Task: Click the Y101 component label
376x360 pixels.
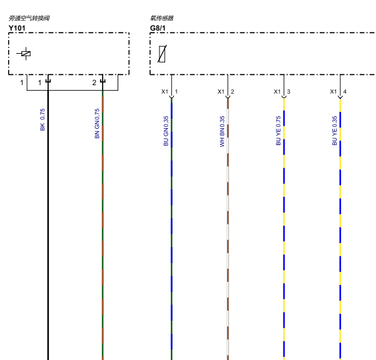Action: [17, 28]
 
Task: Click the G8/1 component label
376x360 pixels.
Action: [158, 28]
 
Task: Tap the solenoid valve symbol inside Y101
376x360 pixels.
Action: [24, 54]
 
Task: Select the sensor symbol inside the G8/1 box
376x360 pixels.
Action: [162, 54]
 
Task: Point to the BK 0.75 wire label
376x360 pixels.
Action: [43, 119]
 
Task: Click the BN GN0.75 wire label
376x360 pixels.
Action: [97, 123]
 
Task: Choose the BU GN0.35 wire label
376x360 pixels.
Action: [166, 131]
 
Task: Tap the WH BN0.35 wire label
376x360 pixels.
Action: [222, 131]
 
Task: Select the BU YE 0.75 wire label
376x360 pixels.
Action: [278, 131]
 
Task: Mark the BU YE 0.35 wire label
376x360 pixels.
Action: [335, 131]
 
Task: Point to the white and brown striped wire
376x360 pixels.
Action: [228, 229]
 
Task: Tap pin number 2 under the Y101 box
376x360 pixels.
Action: [94, 82]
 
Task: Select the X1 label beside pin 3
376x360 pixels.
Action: [277, 91]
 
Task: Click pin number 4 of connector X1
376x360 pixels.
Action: [345, 91]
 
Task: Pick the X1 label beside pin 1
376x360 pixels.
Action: [165, 91]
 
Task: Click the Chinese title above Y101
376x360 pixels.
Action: [29, 18]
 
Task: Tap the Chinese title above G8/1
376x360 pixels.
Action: [162, 18]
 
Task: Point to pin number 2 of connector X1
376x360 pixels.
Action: [232, 91]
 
